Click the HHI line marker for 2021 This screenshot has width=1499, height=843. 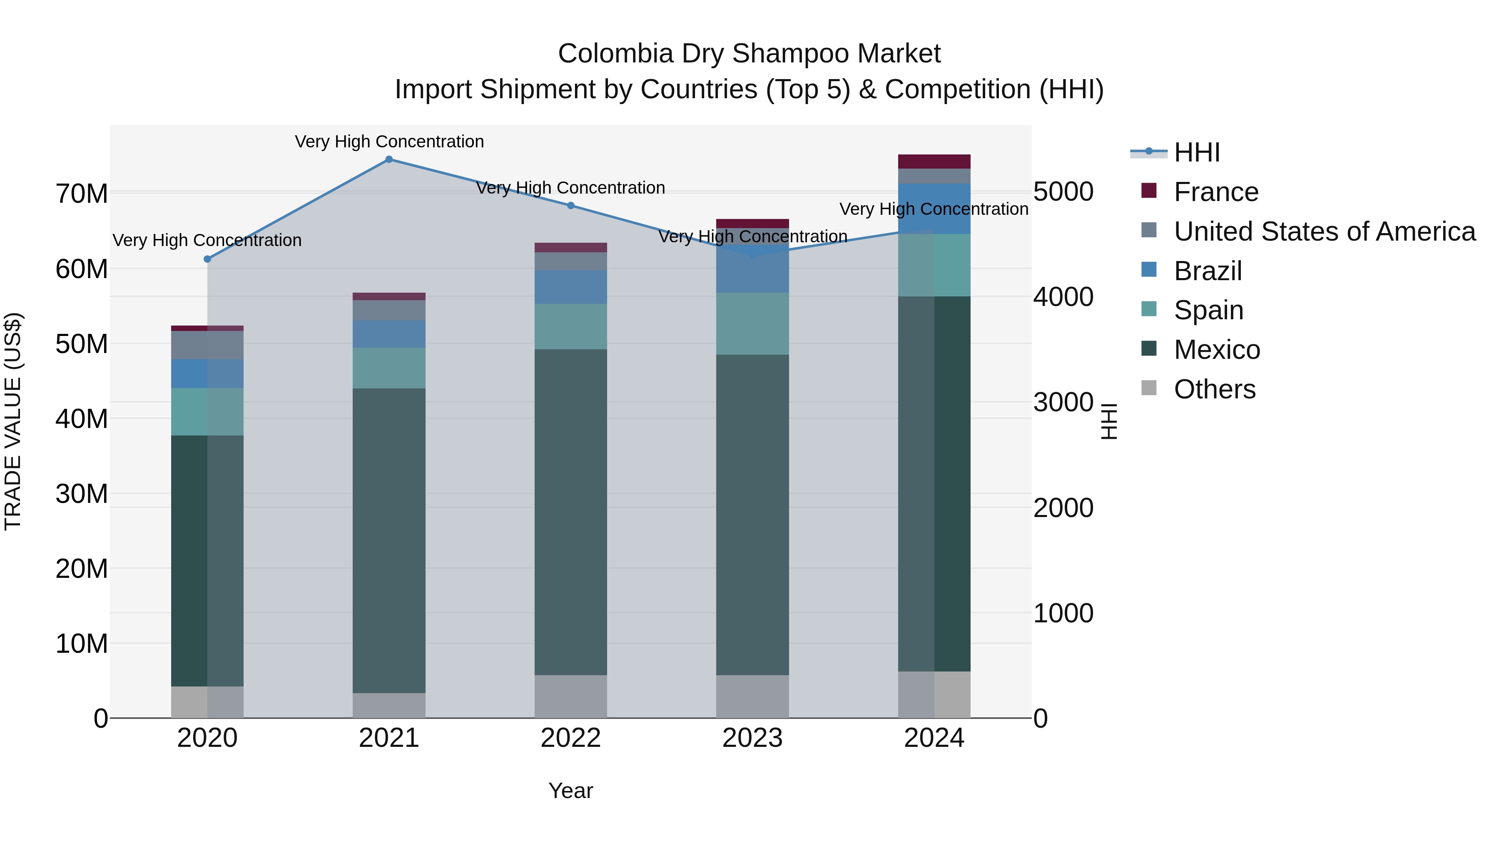pos(389,159)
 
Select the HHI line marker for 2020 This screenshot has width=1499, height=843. pos(207,259)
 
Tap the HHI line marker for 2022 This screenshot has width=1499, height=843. pos(570,205)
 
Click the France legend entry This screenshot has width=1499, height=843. pos(1215,192)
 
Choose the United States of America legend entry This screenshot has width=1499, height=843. pos(1324,231)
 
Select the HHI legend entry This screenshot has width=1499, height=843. pos(1196,152)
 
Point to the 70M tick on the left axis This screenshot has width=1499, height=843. pos(82,194)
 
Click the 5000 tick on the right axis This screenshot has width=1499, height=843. pos(1063,192)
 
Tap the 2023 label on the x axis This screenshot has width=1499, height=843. pos(752,738)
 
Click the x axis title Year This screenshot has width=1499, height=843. pos(570,791)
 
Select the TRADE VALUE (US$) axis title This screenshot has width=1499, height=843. pos(13,421)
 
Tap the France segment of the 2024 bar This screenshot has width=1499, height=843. pos(934,162)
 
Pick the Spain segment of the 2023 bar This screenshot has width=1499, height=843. pos(752,323)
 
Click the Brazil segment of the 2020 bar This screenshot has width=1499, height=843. pos(207,373)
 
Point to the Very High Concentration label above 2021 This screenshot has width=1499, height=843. pos(389,142)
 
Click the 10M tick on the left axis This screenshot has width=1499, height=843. pos(82,644)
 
